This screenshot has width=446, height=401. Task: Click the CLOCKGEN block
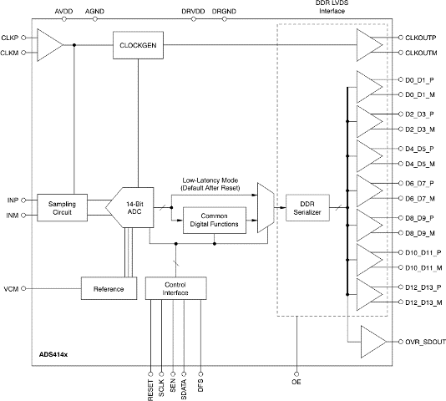(x=138, y=45)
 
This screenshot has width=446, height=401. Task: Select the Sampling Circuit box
(x=62, y=208)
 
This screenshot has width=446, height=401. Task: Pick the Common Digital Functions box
(x=215, y=221)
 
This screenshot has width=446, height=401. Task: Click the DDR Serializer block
(x=307, y=208)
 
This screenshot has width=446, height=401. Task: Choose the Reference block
(x=109, y=288)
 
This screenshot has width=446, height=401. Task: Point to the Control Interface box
(x=175, y=288)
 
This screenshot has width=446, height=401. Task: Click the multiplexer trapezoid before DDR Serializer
(x=266, y=208)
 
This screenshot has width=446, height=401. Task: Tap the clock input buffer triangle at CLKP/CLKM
(x=50, y=45)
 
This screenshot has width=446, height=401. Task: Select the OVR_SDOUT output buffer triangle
(x=373, y=342)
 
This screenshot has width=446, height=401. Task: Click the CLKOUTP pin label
(x=421, y=38)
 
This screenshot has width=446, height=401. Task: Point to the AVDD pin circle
(x=64, y=19)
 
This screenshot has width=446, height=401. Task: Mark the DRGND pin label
(x=224, y=12)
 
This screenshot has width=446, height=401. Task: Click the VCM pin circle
(x=23, y=288)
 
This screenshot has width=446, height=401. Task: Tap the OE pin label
(x=296, y=382)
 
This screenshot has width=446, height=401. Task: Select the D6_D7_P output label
(x=419, y=184)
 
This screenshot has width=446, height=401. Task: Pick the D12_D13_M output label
(x=423, y=302)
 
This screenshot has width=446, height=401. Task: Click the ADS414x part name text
(x=53, y=354)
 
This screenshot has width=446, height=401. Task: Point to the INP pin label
(x=13, y=200)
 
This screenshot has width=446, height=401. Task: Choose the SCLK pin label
(x=161, y=388)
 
